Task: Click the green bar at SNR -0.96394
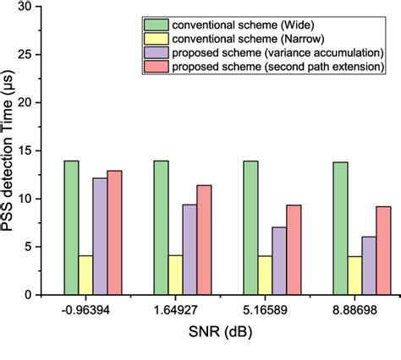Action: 71,227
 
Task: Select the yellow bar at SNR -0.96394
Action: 85,275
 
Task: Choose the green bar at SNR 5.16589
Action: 250,227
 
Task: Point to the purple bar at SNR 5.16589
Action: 279,260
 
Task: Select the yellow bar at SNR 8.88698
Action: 354,275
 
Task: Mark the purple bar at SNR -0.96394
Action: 100,236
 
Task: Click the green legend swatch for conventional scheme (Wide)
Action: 157,24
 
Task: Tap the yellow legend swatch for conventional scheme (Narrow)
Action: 157,38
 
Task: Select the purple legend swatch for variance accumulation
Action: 157,52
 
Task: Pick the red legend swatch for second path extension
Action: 157,67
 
